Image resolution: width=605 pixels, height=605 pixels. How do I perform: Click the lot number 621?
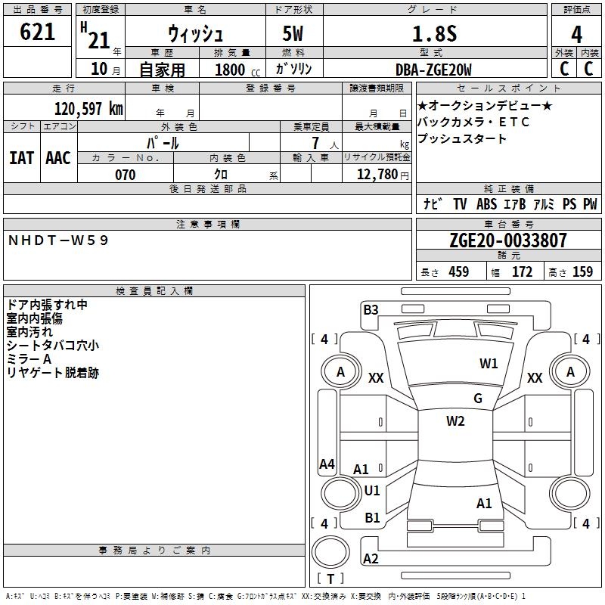[x=37, y=31]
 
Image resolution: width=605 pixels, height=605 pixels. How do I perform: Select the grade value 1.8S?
[x=434, y=33]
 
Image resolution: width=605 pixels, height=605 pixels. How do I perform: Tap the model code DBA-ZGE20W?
[x=433, y=70]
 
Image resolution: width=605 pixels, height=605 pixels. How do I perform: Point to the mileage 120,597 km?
[x=88, y=109]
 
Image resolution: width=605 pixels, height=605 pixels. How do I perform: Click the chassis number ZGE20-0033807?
[x=508, y=240]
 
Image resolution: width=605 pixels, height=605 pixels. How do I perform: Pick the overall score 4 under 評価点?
[x=576, y=34]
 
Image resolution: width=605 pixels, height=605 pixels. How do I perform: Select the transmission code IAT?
[x=22, y=158]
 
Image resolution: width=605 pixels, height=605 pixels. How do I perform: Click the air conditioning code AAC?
[x=58, y=158]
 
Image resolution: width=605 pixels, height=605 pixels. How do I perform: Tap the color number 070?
[x=125, y=175]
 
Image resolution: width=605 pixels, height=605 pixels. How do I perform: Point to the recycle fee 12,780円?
[x=383, y=175]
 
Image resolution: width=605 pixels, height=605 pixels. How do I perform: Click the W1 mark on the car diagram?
[x=489, y=364]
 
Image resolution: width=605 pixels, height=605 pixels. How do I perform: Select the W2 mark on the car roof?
[x=455, y=421]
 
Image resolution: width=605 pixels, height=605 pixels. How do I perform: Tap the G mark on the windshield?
[x=478, y=399]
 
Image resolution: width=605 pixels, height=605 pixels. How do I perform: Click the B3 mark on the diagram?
[x=371, y=310]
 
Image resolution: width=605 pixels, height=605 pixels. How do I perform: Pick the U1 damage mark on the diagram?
[x=372, y=491]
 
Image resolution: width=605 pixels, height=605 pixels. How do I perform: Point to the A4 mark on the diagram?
[x=327, y=464]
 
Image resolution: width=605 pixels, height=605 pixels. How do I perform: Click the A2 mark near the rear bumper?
[x=371, y=559]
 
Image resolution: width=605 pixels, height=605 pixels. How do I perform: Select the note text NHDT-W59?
[x=58, y=240]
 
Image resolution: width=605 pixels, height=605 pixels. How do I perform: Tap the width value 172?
[x=522, y=271]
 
